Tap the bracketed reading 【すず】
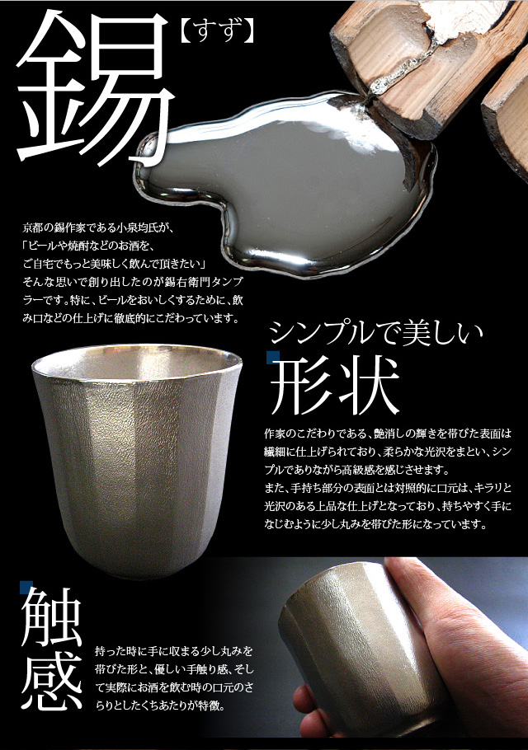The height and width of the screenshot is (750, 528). [217, 35]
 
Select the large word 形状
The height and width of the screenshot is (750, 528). [335, 387]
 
